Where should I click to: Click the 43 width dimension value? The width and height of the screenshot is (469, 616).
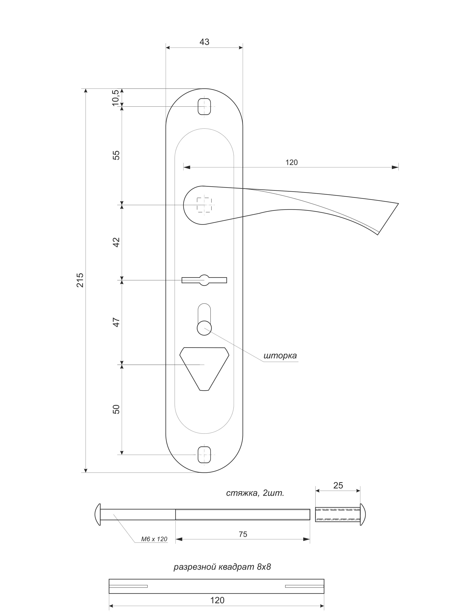[204, 42]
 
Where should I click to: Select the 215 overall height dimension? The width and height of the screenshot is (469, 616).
[80, 280]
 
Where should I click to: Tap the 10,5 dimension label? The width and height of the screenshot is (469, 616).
[116, 98]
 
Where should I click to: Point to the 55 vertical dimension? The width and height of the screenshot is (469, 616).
[116, 155]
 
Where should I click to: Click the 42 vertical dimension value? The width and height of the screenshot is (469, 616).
[116, 242]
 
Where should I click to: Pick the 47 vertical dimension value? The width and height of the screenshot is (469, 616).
[116, 322]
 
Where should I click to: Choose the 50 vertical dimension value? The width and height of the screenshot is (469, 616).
[116, 409]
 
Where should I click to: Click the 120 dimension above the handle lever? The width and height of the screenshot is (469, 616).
[292, 162]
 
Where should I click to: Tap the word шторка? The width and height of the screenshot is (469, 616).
[280, 356]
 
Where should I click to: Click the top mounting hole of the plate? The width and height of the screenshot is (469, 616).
[204, 106]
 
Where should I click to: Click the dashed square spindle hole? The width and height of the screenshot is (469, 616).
[204, 205]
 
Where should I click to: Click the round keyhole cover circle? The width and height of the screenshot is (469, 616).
[204, 328]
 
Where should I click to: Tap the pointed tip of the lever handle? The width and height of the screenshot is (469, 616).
[398, 203]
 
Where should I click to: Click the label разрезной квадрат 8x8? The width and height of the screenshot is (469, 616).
[222, 567]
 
